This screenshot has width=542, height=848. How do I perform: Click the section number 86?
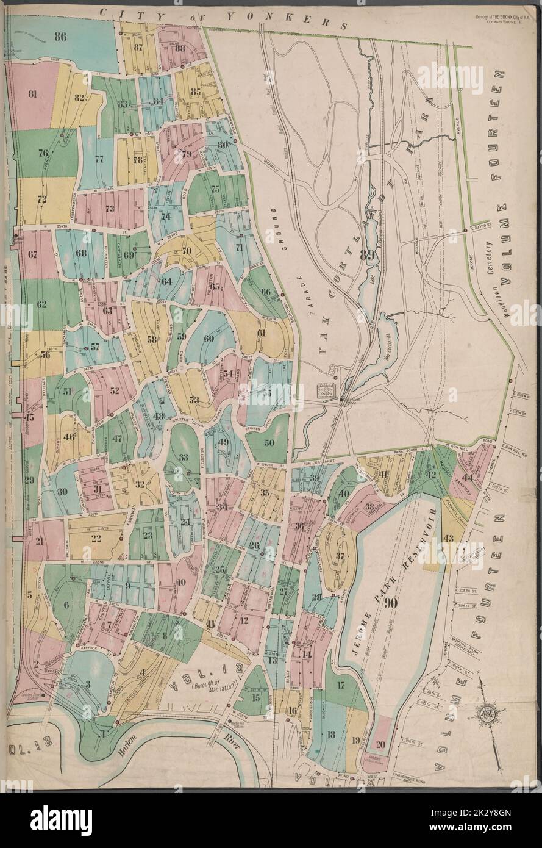pyautogui.click(x=59, y=37)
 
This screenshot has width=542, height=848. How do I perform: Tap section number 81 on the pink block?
pyautogui.click(x=33, y=94)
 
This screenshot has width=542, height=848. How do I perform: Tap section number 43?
pyautogui.click(x=449, y=537)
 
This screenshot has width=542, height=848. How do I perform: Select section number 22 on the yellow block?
pyautogui.click(x=96, y=537)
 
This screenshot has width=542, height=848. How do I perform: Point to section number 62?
pyautogui.click(x=41, y=304)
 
